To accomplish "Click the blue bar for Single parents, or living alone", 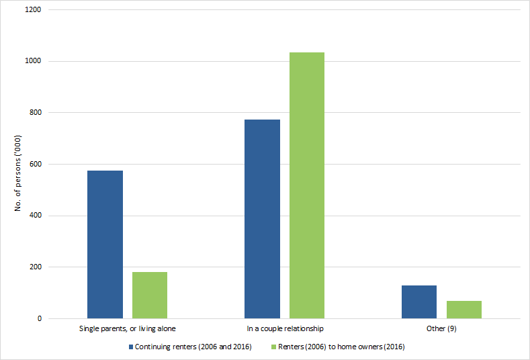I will (x=105, y=244).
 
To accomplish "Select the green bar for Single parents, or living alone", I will (x=150, y=295).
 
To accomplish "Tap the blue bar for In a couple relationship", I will (x=262, y=219).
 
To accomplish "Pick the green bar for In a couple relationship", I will (x=307, y=185).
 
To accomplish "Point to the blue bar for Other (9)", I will (x=419, y=302).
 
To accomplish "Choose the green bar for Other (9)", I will (x=464, y=310).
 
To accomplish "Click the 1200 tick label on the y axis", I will (x=33, y=10).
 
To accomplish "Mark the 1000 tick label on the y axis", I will (x=33, y=61).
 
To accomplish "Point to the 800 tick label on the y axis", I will (x=35, y=113).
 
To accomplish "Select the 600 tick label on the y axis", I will (x=35, y=165).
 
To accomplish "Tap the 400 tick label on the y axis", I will (x=35, y=216).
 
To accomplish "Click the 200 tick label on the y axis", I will (x=35, y=267).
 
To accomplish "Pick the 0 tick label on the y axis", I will (x=39, y=318).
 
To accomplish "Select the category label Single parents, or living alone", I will (x=128, y=329).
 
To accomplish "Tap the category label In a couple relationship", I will (x=285, y=329).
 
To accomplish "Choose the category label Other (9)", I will (x=442, y=329).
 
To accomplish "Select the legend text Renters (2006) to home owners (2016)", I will (x=337, y=347).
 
